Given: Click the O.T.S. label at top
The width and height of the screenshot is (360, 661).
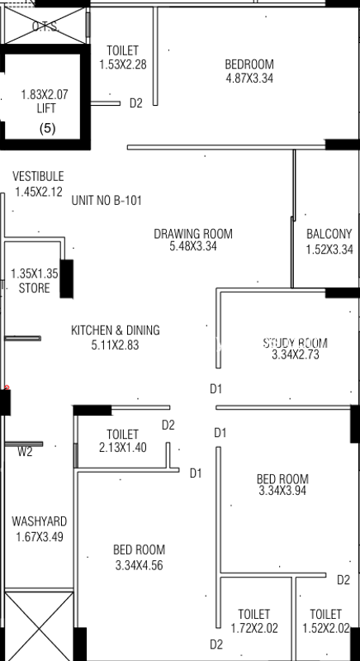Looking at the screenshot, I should pyautogui.click(x=45, y=26).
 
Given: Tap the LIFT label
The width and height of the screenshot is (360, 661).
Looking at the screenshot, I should pyautogui.click(x=45, y=108).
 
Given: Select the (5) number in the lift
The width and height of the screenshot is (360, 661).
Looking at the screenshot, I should pyautogui.click(x=47, y=128).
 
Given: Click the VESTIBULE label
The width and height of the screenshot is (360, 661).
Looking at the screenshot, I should pyautogui.click(x=38, y=177).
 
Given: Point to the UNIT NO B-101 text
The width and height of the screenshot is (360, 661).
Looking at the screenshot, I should pyautogui.click(x=105, y=200).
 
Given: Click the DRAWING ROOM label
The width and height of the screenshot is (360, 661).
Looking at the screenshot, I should pyautogui.click(x=193, y=234).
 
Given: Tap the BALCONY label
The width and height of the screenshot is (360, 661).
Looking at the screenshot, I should pyautogui.click(x=329, y=235).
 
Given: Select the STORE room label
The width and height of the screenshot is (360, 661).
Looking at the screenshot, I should pyautogui.click(x=35, y=288).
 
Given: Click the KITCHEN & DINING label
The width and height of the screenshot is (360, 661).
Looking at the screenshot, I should pyautogui.click(x=116, y=330).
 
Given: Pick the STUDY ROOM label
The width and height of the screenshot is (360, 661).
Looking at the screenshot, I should pyautogui.click(x=296, y=343).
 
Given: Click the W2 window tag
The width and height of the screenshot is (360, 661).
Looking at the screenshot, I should pyautogui.click(x=26, y=451).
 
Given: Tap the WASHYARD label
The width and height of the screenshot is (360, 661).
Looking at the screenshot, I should pyautogui.click(x=40, y=522).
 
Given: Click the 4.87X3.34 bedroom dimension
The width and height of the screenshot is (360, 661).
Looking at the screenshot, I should pyautogui.click(x=249, y=79).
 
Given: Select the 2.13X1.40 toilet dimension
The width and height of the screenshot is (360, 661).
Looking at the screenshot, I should pyautogui.click(x=122, y=448).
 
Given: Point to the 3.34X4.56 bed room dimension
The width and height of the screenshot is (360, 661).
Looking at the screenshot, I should pyautogui.click(x=140, y=565).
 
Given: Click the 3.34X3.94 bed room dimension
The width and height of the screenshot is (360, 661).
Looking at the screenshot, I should pyautogui.click(x=282, y=492).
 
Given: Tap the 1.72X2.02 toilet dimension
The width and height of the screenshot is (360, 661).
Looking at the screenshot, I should pyautogui.click(x=253, y=628).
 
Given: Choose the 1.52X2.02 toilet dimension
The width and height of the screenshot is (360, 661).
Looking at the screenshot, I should pyautogui.click(x=325, y=628).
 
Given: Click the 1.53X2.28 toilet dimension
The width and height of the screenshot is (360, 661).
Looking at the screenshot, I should pyautogui.click(x=123, y=64).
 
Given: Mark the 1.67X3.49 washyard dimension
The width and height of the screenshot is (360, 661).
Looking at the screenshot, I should pyautogui.click(x=40, y=537).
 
